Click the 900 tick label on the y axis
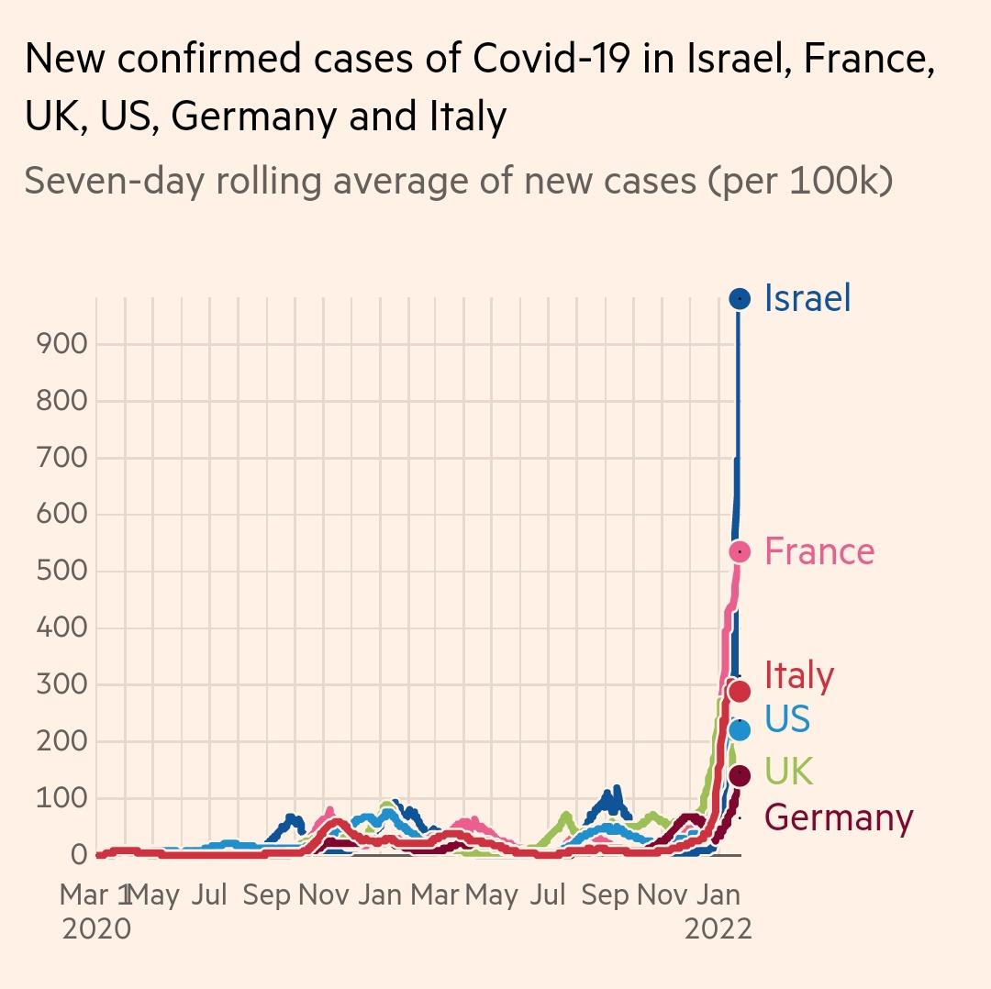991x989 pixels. coord(61,344)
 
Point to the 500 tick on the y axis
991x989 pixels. coord(61,572)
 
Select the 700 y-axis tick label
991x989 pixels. coord(61,458)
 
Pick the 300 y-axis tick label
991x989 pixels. coord(61,685)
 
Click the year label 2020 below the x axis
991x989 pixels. coord(96,928)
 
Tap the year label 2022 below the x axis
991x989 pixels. coord(718,928)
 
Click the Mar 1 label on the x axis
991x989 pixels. coord(96,895)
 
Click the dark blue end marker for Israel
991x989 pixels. coord(740,298)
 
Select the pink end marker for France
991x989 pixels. coord(740,551)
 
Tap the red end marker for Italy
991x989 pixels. coord(740,690)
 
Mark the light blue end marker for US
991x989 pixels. coord(740,729)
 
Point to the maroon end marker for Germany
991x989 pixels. coord(740,776)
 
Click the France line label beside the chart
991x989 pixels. coord(819,551)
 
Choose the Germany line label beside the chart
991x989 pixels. coord(839,817)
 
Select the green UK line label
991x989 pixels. coord(788,772)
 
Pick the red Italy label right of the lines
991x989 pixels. coord(799,675)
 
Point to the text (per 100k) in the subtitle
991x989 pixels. coord(799,181)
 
